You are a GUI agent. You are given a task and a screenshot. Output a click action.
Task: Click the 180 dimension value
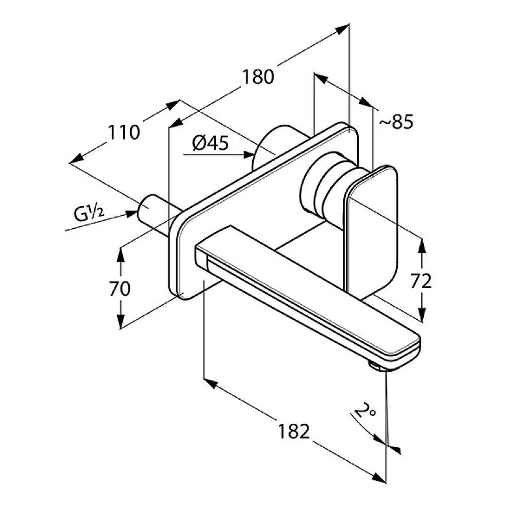coord(258,77)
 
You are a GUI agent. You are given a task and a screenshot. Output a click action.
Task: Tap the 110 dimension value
coord(124,133)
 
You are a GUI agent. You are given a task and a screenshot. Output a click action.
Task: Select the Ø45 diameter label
coord(211,142)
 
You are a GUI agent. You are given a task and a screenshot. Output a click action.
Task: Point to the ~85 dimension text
coord(395,122)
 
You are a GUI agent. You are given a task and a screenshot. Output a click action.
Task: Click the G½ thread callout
coord(90,213)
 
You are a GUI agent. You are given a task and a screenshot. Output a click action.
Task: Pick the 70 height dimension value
coord(121,288)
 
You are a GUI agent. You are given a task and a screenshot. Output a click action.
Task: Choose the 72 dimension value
coord(421,281)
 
